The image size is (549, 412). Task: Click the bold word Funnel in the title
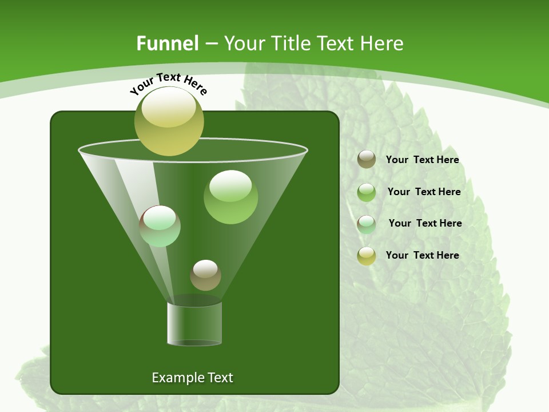click(x=167, y=43)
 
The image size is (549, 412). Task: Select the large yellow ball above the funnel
click(x=169, y=121)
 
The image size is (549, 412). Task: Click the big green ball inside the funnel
click(x=230, y=197)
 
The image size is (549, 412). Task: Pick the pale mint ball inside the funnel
click(x=160, y=226)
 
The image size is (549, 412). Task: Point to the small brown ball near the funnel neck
click(x=205, y=275)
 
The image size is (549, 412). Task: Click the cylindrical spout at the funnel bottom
click(x=194, y=323)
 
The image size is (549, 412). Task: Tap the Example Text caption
click(x=192, y=378)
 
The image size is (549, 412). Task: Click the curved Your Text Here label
click(x=169, y=84)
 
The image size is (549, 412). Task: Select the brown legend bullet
click(x=367, y=160)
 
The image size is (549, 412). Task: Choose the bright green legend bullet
click(x=367, y=192)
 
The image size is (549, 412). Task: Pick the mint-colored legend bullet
click(x=367, y=224)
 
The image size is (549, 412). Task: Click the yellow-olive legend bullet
click(x=367, y=256)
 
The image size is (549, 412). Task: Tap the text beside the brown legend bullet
click(x=422, y=160)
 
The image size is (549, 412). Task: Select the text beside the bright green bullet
click(x=424, y=192)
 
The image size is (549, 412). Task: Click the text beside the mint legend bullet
click(x=425, y=223)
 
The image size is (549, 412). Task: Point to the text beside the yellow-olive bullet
click(x=422, y=255)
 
